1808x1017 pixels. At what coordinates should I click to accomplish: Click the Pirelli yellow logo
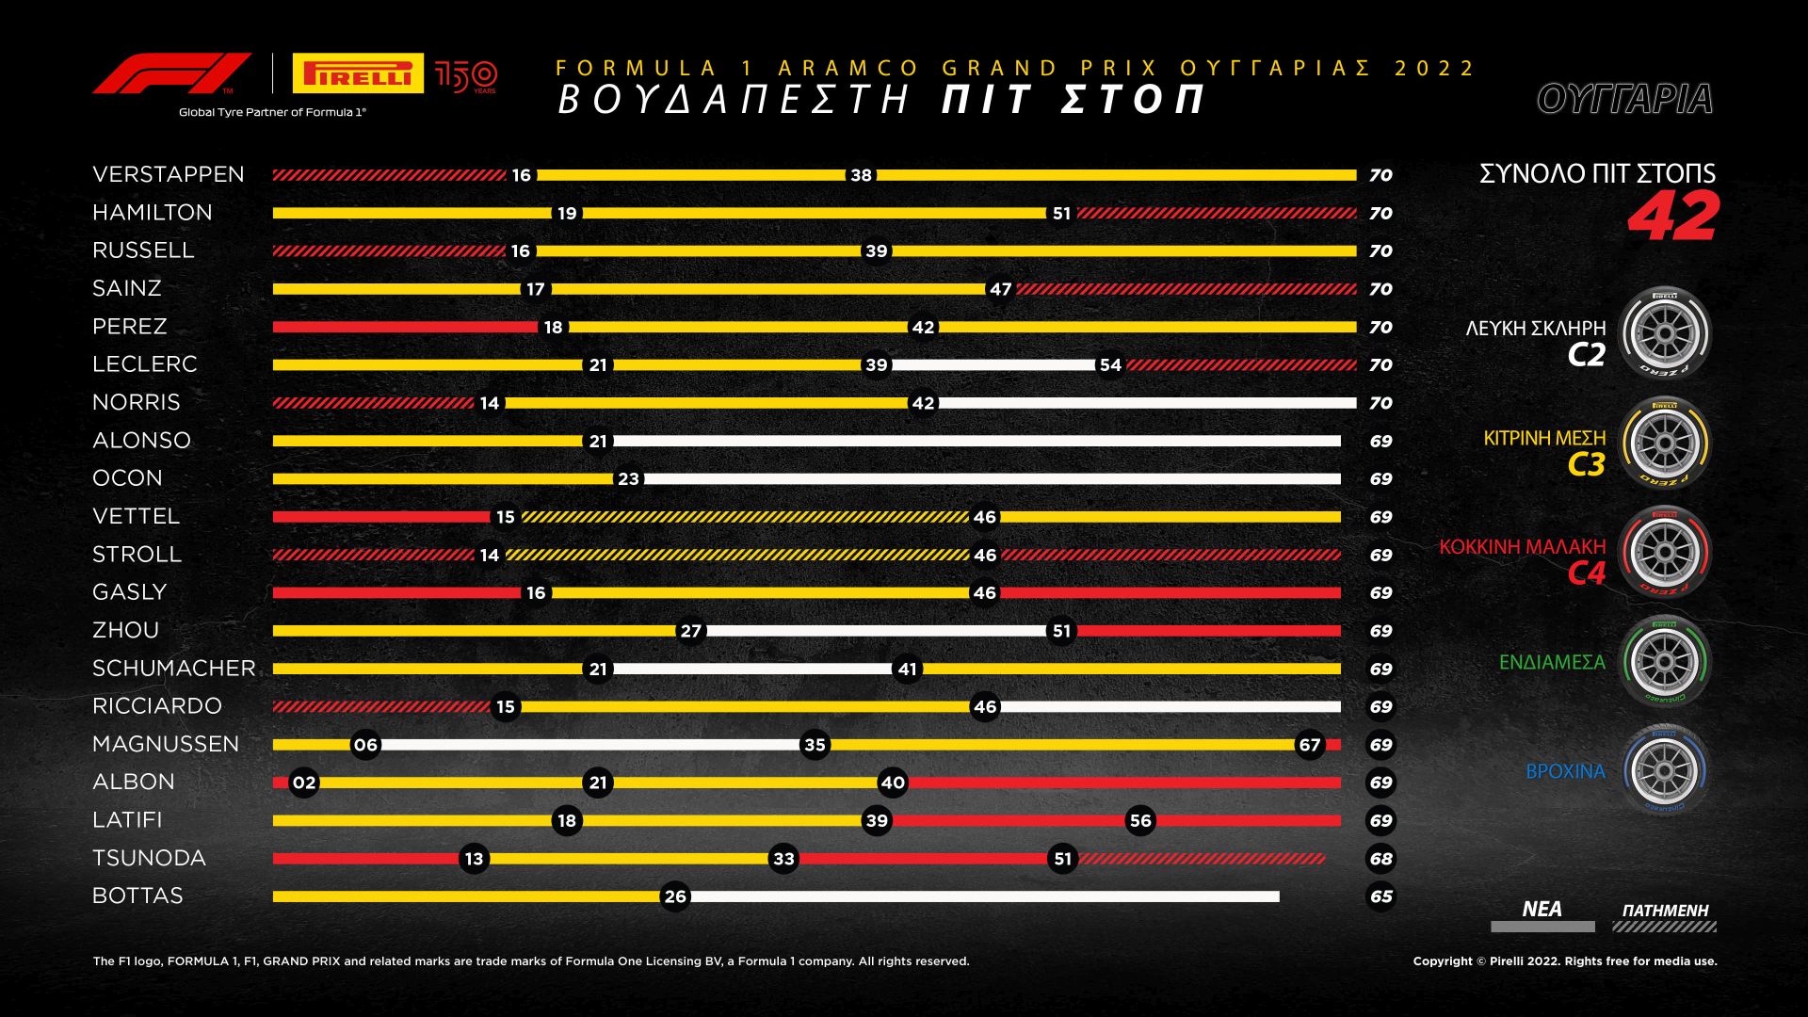(x=358, y=73)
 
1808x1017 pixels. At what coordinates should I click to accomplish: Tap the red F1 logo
(x=171, y=73)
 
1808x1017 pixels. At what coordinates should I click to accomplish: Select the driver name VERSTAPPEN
(x=169, y=174)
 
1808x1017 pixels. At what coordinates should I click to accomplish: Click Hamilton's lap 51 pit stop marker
(x=1061, y=214)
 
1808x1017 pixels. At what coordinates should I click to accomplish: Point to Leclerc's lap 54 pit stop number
(x=1110, y=365)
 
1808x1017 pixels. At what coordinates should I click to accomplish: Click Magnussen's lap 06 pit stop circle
(x=365, y=745)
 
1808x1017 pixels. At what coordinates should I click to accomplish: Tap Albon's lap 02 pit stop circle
(x=303, y=783)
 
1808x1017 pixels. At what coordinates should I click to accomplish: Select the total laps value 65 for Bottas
(x=1380, y=896)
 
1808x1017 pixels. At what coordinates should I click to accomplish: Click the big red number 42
(x=1673, y=217)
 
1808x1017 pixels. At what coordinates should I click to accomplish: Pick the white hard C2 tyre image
(x=1665, y=333)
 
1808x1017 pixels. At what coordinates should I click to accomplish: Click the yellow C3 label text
(x=1586, y=464)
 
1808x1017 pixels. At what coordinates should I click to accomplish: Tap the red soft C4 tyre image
(x=1665, y=552)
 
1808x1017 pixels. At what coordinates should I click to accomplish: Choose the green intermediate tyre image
(x=1665, y=661)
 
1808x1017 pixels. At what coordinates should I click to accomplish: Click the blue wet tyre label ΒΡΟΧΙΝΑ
(x=1565, y=771)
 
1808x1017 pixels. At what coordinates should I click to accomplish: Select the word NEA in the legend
(x=1542, y=909)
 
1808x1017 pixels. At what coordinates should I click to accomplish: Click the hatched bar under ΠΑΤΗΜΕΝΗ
(x=1664, y=928)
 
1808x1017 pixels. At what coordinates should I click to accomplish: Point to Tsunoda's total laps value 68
(x=1380, y=859)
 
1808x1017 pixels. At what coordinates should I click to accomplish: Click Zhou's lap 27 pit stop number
(x=690, y=631)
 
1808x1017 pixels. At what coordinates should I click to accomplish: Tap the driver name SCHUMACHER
(x=174, y=669)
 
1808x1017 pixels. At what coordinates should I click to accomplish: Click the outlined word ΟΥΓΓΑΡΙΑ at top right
(x=1624, y=99)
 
